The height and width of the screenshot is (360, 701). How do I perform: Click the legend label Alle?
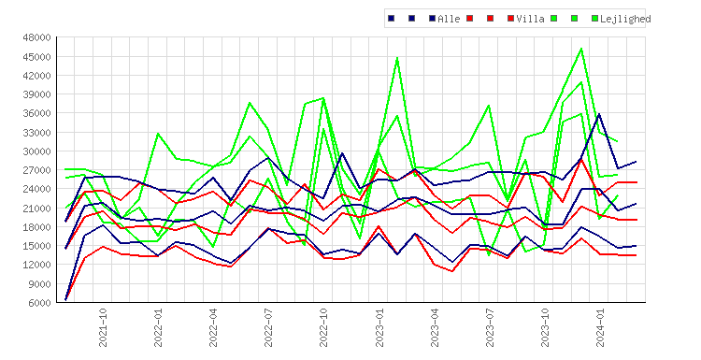click(x=449, y=19)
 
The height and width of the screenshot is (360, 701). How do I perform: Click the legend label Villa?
click(x=530, y=19)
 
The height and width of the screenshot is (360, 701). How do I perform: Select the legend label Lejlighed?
click(x=625, y=19)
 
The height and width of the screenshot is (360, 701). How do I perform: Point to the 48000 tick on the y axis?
click(x=36, y=37)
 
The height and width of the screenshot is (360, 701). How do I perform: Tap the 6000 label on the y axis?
click(x=39, y=303)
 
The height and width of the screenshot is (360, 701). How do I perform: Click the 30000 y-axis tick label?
click(x=36, y=151)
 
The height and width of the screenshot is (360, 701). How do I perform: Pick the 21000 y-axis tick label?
click(x=36, y=208)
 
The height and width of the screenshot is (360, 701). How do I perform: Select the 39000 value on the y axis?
click(x=36, y=94)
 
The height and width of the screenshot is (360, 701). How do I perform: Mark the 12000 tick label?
click(x=36, y=265)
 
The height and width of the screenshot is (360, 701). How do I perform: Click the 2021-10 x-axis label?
click(x=103, y=327)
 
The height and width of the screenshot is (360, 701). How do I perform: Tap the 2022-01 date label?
click(x=158, y=327)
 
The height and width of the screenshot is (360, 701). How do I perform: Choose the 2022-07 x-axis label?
click(x=268, y=327)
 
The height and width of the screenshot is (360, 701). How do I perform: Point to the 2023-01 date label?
click(x=379, y=327)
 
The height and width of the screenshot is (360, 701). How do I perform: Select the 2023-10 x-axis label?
click(x=546, y=327)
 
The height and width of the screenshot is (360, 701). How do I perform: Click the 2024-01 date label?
click(x=600, y=327)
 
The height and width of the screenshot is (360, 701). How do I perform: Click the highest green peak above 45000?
click(x=581, y=49)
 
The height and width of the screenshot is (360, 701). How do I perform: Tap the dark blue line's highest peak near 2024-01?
click(x=599, y=114)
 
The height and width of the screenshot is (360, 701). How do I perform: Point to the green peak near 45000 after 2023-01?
click(x=397, y=58)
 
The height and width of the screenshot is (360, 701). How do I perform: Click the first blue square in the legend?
click(x=392, y=19)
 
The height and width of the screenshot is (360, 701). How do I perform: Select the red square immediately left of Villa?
click(x=510, y=19)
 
